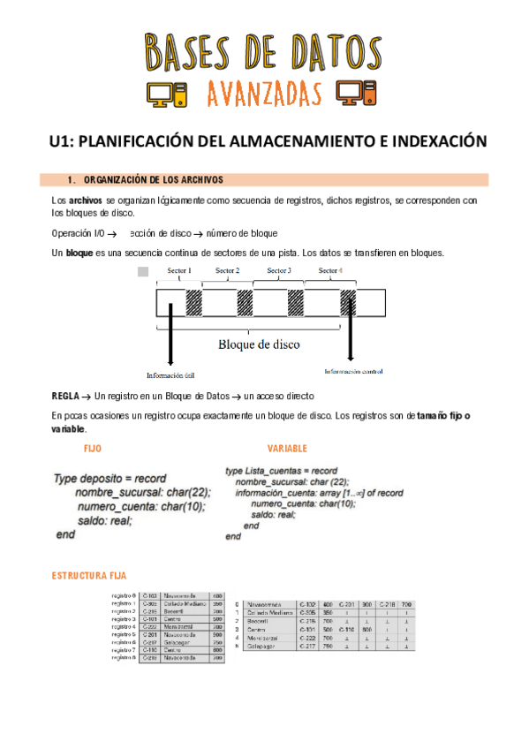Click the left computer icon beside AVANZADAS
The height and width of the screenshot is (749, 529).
161,93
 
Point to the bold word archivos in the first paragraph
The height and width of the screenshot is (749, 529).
86,201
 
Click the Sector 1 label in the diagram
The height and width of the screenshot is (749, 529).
178,270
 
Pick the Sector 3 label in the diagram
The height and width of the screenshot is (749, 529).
279,270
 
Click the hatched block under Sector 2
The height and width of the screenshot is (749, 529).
245,303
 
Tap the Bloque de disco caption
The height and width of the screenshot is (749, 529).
259,344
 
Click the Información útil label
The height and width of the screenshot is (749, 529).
170,375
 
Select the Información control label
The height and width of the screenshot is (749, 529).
353,371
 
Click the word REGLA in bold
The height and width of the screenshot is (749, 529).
67,397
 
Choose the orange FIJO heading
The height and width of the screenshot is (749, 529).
92,449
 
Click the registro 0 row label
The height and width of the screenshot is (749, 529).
123,596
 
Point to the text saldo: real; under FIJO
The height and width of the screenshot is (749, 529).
104,521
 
